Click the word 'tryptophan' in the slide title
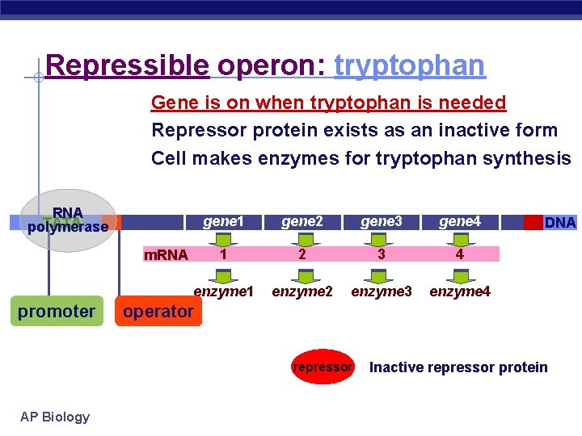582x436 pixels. pos(409,65)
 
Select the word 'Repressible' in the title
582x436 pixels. pos(128,65)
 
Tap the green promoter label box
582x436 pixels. pos(57,311)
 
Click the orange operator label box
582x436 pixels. pos(158,311)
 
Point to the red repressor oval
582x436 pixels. pos(323,367)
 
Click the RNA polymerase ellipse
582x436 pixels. pos(68,220)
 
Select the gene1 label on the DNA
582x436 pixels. pos(223,221)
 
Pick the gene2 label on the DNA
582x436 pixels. pos(302,221)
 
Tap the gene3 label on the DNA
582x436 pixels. pos(381,221)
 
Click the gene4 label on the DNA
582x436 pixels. pos(459,221)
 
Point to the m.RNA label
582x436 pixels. pos(165,255)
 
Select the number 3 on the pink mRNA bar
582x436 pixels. pos(381,254)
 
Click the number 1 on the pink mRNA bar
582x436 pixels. pos(223,254)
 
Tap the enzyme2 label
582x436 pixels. pos(302,291)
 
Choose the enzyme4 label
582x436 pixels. pos(459,291)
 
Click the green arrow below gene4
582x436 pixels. pos(460,239)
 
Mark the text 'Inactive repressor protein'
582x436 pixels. pos(458,367)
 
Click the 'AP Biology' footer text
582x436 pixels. pos(55,417)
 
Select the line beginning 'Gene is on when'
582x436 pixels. pos(328,103)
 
